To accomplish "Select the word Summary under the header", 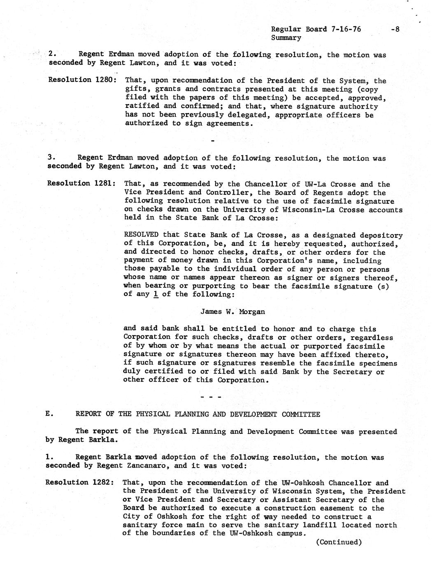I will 286,37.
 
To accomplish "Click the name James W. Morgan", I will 232,312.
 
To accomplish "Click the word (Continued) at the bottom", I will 339,542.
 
